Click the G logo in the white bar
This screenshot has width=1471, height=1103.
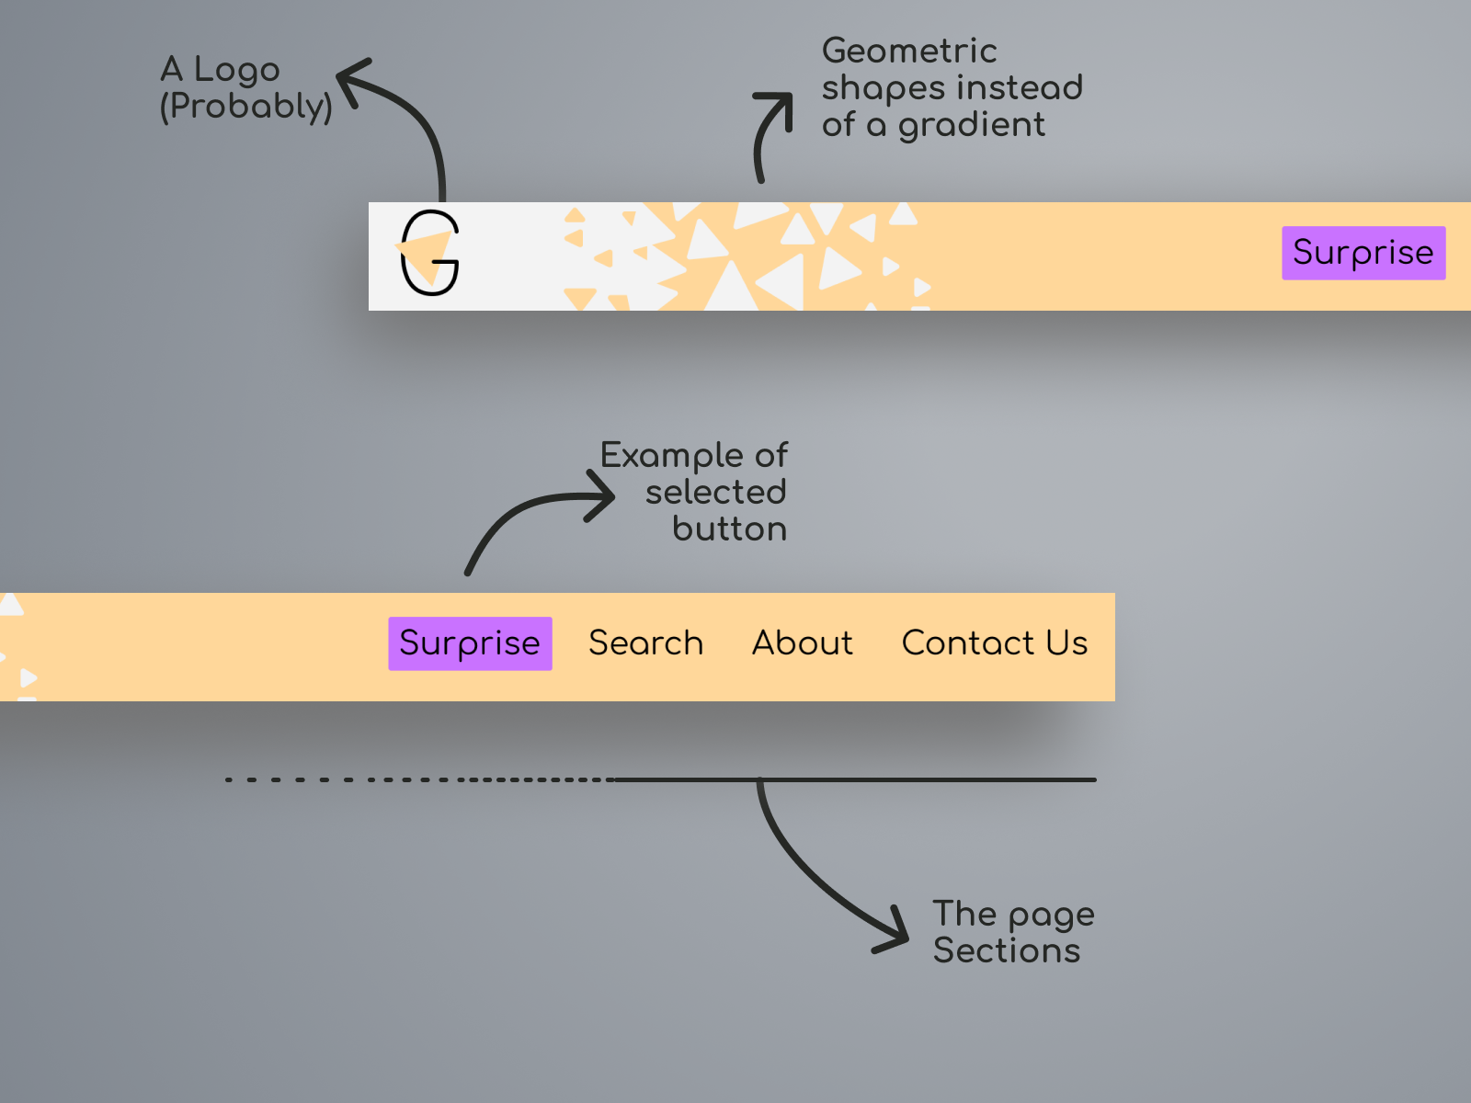pyautogui.click(x=429, y=253)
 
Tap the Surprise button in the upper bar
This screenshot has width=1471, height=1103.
pyautogui.click(x=1363, y=253)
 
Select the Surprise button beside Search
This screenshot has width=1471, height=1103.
pyautogui.click(x=470, y=643)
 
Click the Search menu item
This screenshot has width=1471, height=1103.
pyautogui.click(x=646, y=642)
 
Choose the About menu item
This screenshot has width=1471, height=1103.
pyautogui.click(x=803, y=642)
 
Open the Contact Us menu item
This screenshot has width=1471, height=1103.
pyautogui.click(x=995, y=642)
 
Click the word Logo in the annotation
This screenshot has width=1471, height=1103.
pyautogui.click(x=236, y=71)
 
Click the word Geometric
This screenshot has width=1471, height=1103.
pyautogui.click(x=909, y=51)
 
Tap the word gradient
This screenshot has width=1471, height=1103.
pyautogui.click(x=972, y=126)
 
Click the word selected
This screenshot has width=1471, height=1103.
pyautogui.click(x=715, y=493)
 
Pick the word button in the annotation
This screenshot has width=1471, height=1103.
pyautogui.click(x=730, y=529)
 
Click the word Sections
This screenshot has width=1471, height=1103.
pyautogui.click(x=1007, y=951)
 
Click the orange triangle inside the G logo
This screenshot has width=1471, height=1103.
pyautogui.click(x=427, y=256)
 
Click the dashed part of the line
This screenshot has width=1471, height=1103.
pyautogui.click(x=420, y=779)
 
